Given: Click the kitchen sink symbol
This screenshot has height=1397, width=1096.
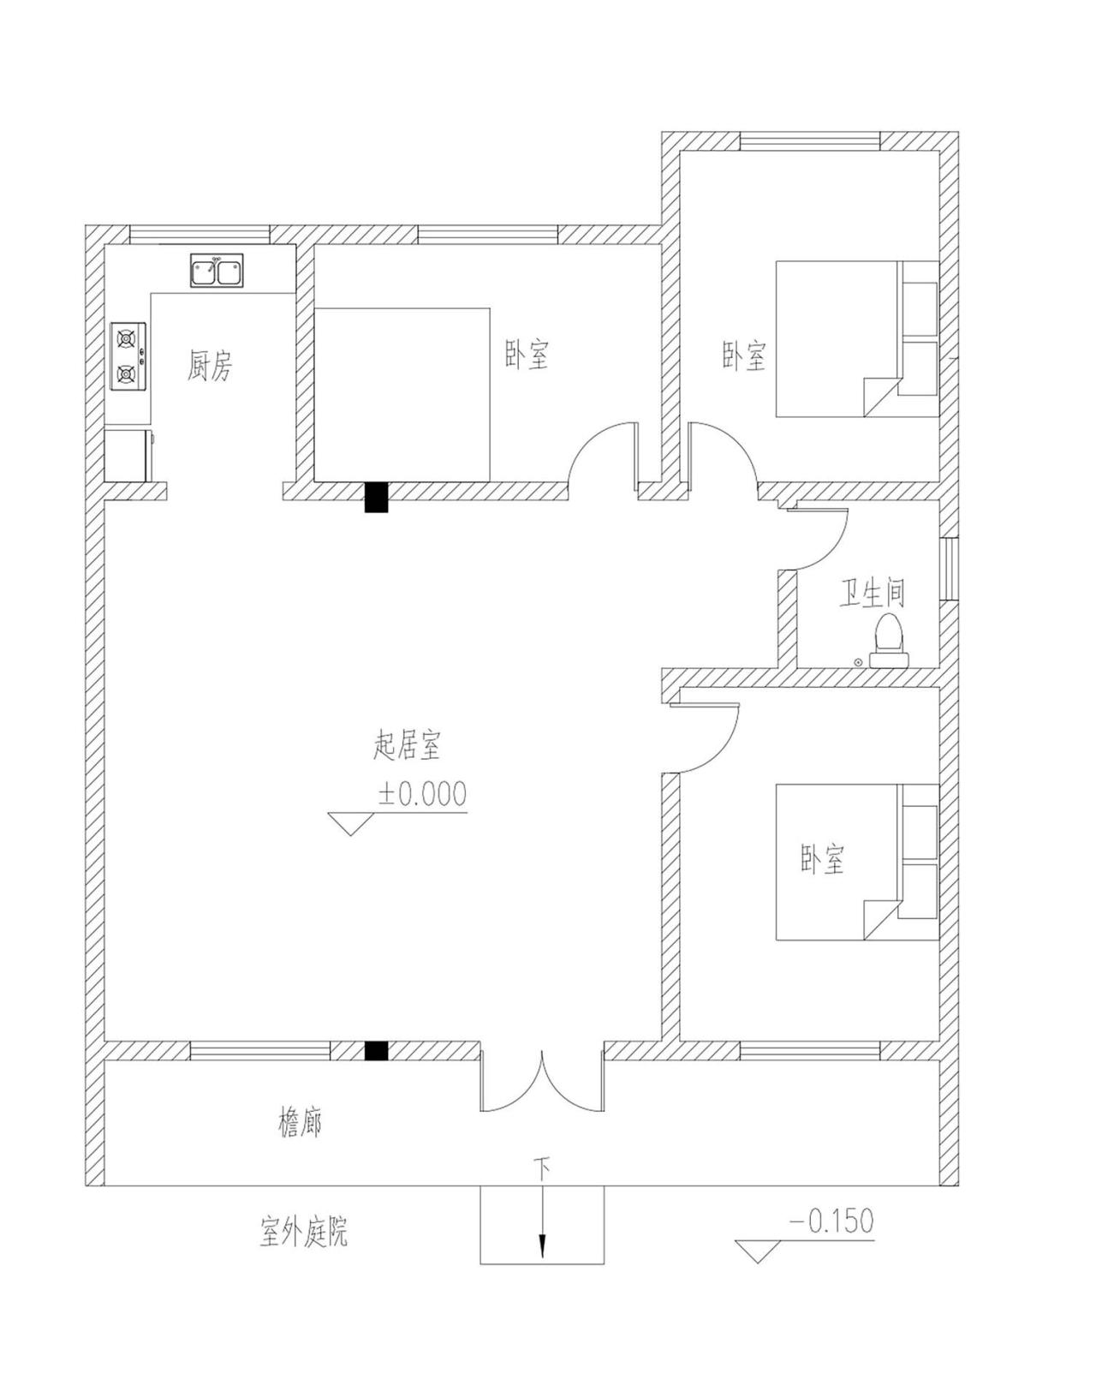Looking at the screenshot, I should (216, 270).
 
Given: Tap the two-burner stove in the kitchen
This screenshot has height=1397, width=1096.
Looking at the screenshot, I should (128, 356).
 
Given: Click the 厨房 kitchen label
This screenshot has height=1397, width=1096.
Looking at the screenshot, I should (210, 367).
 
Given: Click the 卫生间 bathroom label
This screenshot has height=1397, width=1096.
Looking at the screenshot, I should (872, 593).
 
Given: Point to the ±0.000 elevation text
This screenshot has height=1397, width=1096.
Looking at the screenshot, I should (423, 794).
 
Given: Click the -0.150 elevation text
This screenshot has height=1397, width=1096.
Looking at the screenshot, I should (831, 1221).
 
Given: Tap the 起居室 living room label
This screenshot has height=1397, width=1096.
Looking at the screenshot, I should (408, 745).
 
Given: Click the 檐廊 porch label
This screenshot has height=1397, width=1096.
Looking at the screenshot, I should (300, 1122).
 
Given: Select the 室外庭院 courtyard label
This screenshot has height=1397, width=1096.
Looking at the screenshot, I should (304, 1233).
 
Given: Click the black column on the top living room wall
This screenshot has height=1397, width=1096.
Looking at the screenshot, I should (377, 498).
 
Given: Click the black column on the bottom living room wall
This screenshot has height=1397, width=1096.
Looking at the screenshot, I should (376, 1050).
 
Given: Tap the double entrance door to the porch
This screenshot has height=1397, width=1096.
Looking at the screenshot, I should (542, 1084).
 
